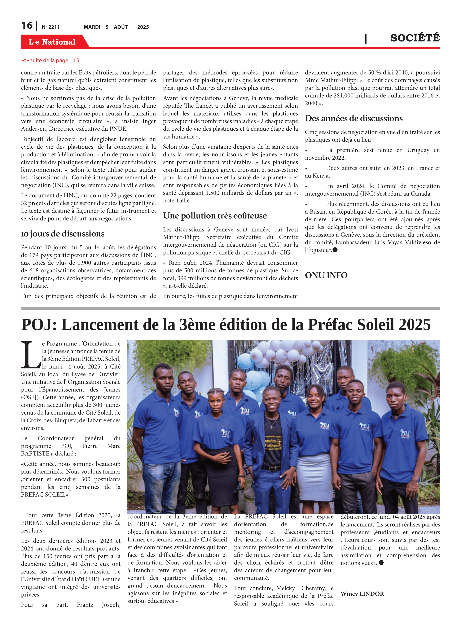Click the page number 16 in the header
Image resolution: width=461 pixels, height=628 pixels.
tap(27, 26)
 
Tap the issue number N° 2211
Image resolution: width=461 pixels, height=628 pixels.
tap(51, 27)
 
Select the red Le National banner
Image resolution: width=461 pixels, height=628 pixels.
tap(52, 42)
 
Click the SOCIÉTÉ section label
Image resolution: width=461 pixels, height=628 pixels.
tap(415, 38)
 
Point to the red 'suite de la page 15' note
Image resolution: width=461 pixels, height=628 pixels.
tap(50, 60)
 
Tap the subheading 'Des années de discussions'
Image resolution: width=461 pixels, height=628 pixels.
tap(354, 118)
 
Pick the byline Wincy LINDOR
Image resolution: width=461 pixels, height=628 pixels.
tap(362, 594)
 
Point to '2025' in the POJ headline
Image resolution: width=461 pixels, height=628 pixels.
tap(415, 325)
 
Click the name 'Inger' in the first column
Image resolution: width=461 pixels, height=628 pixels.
tap(149, 121)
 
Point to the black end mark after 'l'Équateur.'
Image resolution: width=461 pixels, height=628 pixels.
tap(335, 250)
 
